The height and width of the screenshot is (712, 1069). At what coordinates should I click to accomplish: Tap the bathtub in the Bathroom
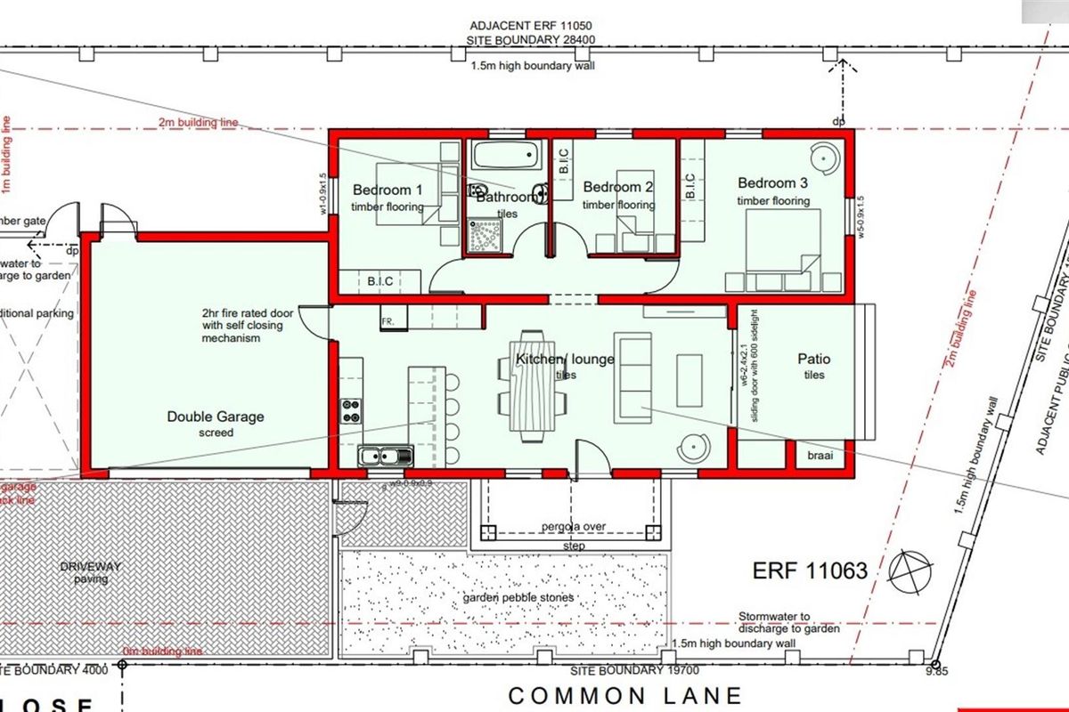click(x=506, y=157)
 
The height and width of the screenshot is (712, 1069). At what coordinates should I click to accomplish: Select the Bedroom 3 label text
click(x=772, y=183)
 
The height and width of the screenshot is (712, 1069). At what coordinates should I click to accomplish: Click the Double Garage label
click(x=216, y=416)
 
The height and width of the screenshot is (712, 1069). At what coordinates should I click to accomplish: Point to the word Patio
click(x=813, y=359)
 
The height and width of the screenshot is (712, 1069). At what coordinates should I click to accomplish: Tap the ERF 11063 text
click(x=809, y=570)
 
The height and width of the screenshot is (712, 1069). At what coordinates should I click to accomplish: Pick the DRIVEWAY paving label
click(x=91, y=572)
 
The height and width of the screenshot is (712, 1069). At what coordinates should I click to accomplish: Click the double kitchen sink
click(x=386, y=457)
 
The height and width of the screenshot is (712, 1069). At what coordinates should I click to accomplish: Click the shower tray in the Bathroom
click(x=486, y=232)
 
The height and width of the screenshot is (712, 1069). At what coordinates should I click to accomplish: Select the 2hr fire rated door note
click(x=231, y=326)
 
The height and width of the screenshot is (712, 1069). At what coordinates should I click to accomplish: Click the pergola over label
click(x=572, y=526)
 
